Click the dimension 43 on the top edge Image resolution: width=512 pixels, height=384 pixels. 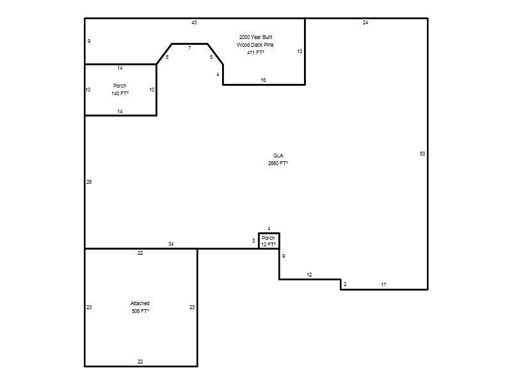194,22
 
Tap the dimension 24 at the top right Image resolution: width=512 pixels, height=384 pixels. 365,22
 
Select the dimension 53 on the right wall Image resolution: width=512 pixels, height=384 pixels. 422,154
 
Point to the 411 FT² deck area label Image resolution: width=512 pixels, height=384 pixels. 255,52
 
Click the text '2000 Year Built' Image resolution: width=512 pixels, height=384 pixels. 255,37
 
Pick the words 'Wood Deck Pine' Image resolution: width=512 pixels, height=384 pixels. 255,45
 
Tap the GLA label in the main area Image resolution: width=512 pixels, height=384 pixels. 278,156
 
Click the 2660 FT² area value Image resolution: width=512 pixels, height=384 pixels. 278,163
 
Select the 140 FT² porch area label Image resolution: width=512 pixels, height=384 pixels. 120,93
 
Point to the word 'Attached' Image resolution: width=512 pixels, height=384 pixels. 140,303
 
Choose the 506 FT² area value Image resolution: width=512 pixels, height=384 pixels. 140,311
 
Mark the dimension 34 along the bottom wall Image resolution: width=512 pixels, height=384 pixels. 171,244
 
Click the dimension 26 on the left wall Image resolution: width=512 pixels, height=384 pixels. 89,182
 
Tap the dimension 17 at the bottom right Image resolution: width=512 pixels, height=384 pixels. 383,285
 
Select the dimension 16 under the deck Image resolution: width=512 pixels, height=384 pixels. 263,80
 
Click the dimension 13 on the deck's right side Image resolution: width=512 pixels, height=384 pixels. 300,51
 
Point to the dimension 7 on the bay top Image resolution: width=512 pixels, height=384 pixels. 189,49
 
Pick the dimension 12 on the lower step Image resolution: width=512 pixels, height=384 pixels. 309,275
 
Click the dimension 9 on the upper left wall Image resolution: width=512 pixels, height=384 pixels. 89,41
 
